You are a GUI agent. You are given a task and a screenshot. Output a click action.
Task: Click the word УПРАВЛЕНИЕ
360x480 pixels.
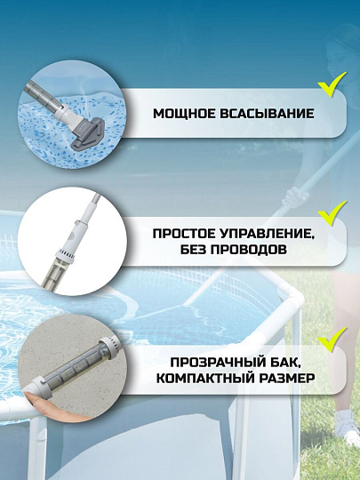click(255, 235)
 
